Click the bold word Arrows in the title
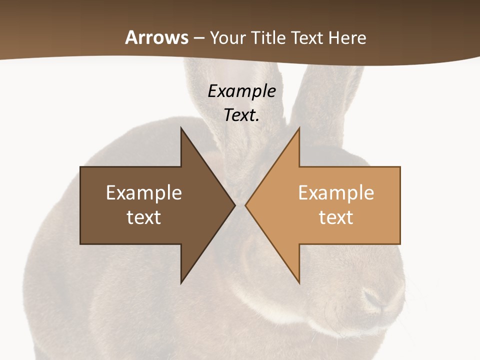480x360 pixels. (156, 38)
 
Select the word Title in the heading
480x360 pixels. (268, 38)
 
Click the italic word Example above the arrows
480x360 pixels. (241, 91)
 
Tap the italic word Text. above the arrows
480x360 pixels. (241, 115)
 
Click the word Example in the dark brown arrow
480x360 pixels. (144, 193)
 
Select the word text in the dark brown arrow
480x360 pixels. (144, 217)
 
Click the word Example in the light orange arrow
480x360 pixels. (336, 193)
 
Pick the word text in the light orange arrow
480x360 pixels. (336, 217)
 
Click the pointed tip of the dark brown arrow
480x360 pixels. (234, 205)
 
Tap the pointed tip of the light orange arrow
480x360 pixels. (245, 205)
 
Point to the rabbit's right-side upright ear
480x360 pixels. (330, 100)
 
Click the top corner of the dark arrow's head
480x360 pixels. (181, 128)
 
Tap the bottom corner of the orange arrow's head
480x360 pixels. (299, 283)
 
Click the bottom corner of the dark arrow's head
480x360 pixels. (181, 283)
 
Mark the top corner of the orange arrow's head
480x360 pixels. (299, 128)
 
